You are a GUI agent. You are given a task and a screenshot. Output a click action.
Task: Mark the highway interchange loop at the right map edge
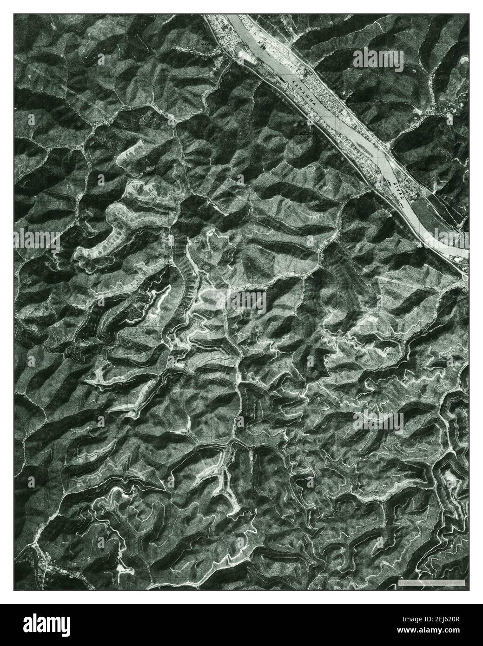point(465,278)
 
